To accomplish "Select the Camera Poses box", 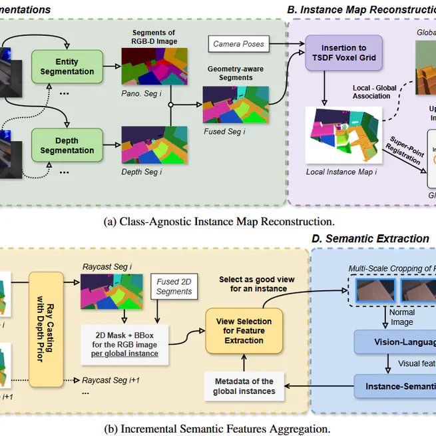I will [238, 44].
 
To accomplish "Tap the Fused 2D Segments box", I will [174, 286].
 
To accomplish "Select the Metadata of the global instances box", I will [244, 386].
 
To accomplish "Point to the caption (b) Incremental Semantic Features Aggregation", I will [217, 429].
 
